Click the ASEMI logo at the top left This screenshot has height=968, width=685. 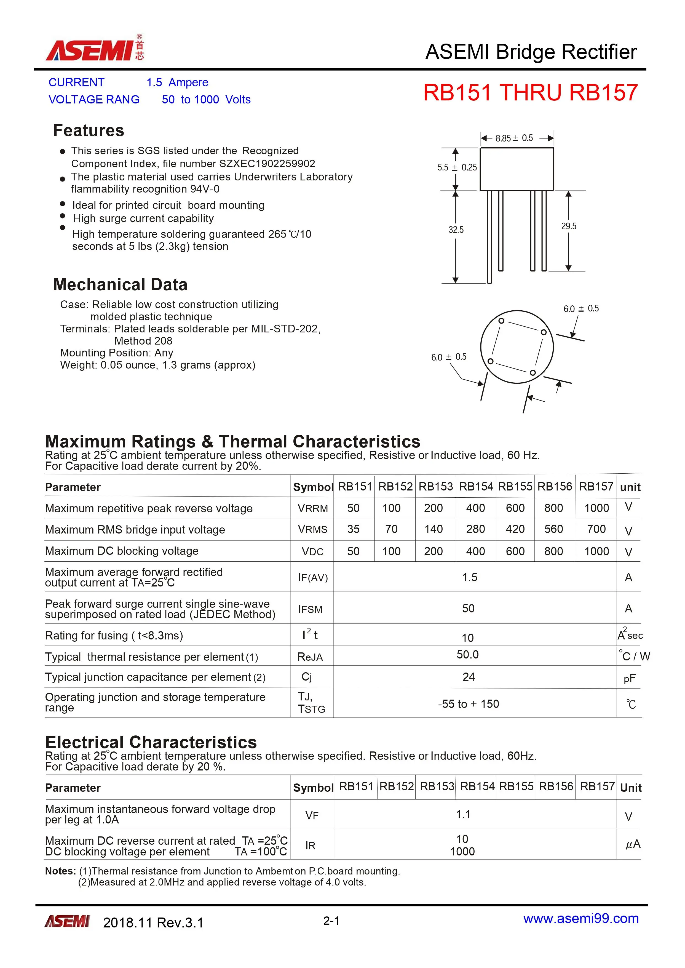pos(95,49)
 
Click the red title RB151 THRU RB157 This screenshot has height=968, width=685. pos(530,93)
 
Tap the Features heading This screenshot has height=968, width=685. pos(89,130)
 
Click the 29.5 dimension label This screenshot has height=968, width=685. pos(568,226)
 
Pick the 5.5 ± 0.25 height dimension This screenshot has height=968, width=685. pos(457,167)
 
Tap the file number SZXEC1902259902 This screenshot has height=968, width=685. pos(267,164)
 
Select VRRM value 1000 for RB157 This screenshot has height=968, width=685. pos(596,508)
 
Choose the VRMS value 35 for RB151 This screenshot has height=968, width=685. pos(353,529)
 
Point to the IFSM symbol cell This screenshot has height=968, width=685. pos(311,609)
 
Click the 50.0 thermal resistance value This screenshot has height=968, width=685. pos(467,654)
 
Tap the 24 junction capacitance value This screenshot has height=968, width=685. pos(468,677)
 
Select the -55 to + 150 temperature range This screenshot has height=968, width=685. pos(468,704)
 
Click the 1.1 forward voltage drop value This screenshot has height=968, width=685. pos(463,814)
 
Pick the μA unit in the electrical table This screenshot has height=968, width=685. pos(632,844)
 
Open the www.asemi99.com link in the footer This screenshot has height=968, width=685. pos(580,918)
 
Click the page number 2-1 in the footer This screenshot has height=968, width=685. pos(331,921)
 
